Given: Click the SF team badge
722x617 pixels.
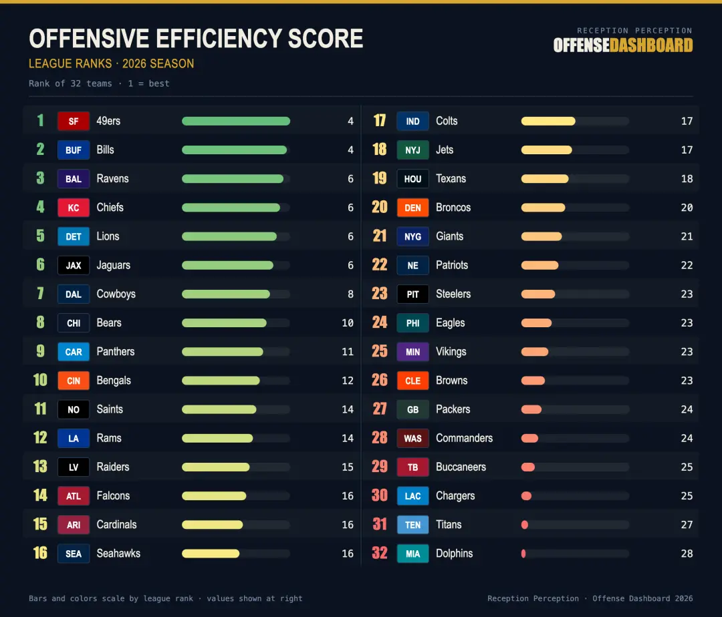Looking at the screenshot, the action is pos(74,122).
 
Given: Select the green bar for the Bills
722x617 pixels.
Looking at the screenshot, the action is pos(235,150).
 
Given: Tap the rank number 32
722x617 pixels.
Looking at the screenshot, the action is pos(380,553).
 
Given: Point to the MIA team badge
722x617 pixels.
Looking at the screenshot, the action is pos(412,554).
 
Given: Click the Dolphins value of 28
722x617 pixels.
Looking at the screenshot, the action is pos(687,554).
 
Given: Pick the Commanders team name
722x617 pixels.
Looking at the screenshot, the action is pos(464,438).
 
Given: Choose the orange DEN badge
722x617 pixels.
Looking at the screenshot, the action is pos(412,208).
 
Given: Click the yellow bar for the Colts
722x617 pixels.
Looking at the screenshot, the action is pos(548,122).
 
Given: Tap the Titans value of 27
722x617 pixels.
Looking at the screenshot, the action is pos(687,525).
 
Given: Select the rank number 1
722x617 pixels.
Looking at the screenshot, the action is pos(41,120).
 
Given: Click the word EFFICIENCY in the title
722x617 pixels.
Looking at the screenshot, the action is pos(218,39).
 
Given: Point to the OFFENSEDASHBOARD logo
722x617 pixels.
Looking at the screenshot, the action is pos(623,45).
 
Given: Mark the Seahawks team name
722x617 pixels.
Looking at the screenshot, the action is pos(118,554).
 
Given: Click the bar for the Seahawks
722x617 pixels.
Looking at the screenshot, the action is pos(211,554).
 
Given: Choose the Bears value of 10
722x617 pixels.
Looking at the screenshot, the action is pos(348,323).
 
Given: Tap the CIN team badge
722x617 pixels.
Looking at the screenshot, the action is pos(74,381).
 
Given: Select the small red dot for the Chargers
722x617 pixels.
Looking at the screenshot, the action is pos(526,495).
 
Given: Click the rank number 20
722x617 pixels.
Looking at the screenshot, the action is pos(380,207).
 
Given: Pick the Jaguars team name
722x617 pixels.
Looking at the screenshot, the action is pos(113,265).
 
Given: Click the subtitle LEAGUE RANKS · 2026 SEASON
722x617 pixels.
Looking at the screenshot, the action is pos(112,63).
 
